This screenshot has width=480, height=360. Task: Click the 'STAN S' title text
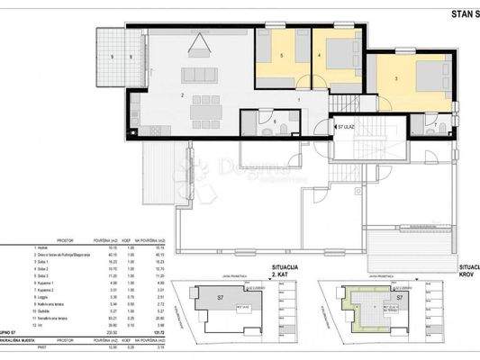pos(454,13)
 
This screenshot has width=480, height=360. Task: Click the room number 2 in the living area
pos(183,94)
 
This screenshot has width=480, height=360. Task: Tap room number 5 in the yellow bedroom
pos(283,57)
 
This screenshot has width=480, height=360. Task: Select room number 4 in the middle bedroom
pos(320,57)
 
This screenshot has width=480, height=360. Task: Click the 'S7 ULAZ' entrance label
pos(347,128)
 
